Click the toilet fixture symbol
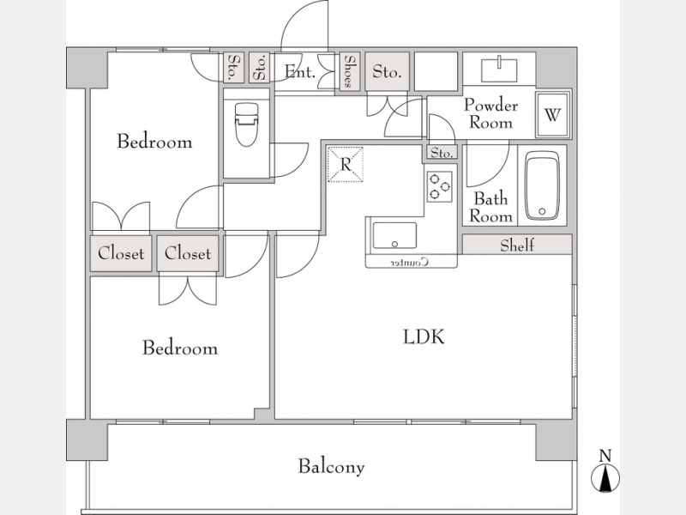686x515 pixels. [x=247, y=124]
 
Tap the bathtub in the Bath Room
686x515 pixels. [x=542, y=185]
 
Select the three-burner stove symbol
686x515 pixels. [x=439, y=186]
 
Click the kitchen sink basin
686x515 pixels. [x=394, y=235]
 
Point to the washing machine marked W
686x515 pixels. [x=553, y=115]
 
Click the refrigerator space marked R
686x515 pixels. [x=346, y=164]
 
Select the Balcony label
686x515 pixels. [x=331, y=466]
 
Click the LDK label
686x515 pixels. [x=424, y=336]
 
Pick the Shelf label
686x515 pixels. [x=517, y=245]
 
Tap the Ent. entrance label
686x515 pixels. [x=299, y=71]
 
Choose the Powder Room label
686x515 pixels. [x=490, y=114]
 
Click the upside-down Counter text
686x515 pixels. [x=410, y=263]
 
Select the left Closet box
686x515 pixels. [x=121, y=253]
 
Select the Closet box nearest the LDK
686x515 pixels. [x=188, y=253]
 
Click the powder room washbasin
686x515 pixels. [x=499, y=70]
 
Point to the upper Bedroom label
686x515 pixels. [x=154, y=142]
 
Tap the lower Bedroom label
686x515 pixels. [x=180, y=348]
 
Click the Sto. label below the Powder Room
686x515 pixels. [x=442, y=153]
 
